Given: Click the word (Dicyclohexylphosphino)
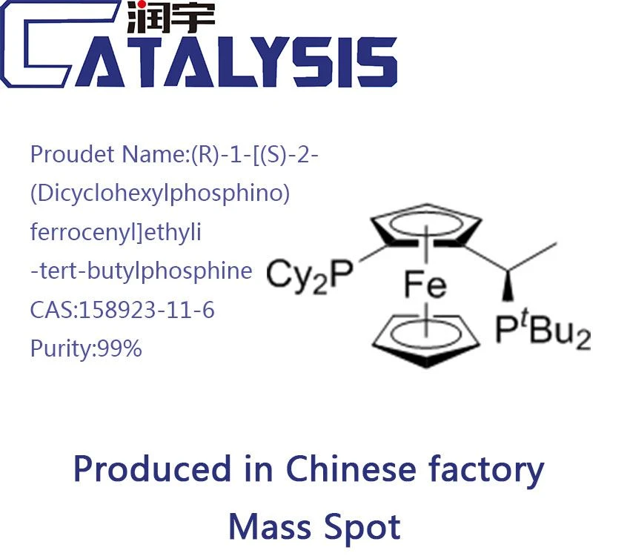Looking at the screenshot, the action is pos(160,193).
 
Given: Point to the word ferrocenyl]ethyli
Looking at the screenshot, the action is pos(116,233).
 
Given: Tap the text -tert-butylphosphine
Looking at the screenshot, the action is pos(142,271).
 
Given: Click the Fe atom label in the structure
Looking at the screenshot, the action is pos(425,285).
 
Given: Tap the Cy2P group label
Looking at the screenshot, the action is pos(309,275).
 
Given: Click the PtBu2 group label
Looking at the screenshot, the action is pos(543,331).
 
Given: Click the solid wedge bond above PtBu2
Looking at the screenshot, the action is pos(508,285).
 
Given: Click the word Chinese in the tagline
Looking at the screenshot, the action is pos(351,469).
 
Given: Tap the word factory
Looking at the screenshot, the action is pos(486,471).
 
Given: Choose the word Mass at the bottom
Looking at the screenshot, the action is pos(269,527).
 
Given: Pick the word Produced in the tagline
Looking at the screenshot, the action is pos(153,469).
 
